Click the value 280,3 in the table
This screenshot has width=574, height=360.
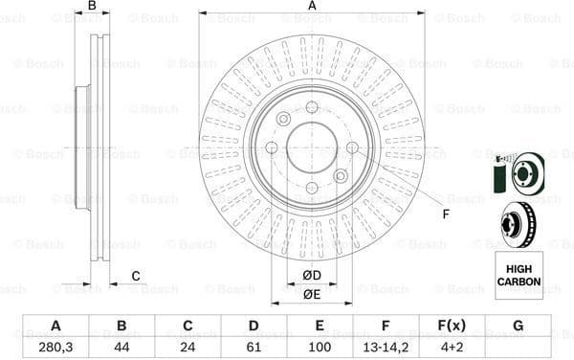click(x=55, y=348)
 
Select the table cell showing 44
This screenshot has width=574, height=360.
click(x=121, y=348)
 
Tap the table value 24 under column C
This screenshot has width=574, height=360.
click(x=188, y=348)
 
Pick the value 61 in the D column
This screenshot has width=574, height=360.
click(x=254, y=348)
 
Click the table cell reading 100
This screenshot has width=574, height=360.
click(x=320, y=348)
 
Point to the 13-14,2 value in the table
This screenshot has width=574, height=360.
click(x=386, y=348)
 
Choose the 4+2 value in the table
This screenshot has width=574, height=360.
click(x=452, y=348)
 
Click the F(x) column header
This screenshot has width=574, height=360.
click(x=452, y=326)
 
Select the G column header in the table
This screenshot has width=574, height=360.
click(x=518, y=326)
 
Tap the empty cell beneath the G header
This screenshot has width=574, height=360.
click(x=518, y=348)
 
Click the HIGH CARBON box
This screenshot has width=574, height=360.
click(x=519, y=275)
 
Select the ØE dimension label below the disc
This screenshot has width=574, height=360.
click(x=311, y=295)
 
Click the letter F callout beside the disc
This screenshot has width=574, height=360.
click(x=446, y=213)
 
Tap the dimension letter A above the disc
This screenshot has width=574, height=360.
click(x=312, y=7)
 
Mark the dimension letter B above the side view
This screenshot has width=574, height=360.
click(x=92, y=7)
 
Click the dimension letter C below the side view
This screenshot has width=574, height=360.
click(x=136, y=277)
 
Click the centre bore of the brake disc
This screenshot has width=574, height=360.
click(x=311, y=147)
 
